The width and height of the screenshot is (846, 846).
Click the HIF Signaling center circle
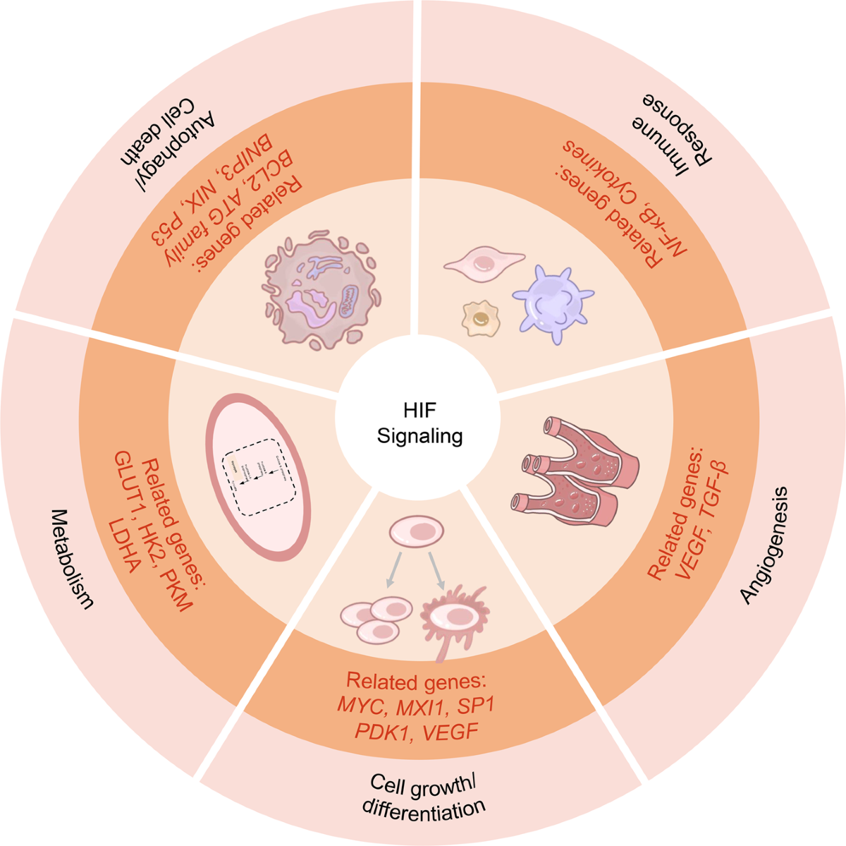(x=420, y=424)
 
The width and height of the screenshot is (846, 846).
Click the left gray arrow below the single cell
(x=396, y=569)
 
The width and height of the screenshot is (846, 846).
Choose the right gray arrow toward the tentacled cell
(x=437, y=569)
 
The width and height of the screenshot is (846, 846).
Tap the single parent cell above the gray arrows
(x=417, y=531)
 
